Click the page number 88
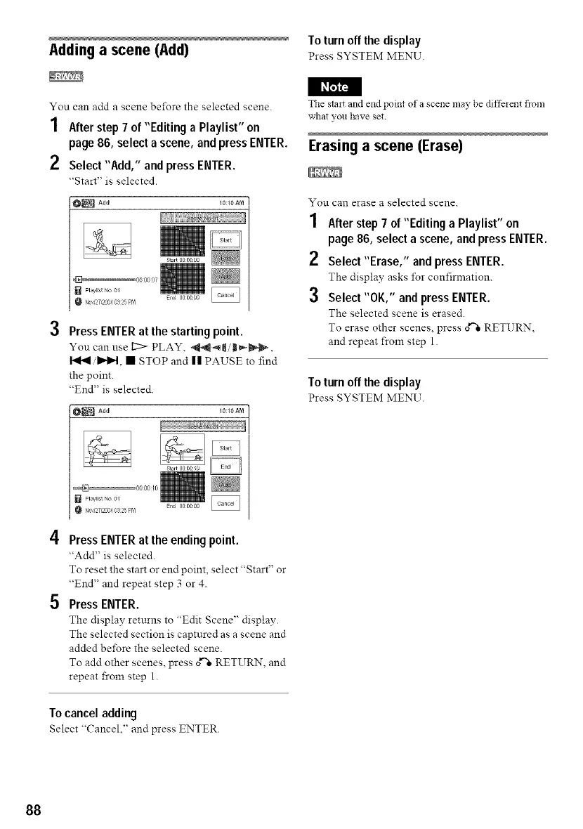[34, 809]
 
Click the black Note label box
[334, 86]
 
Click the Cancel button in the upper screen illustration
[225, 295]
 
